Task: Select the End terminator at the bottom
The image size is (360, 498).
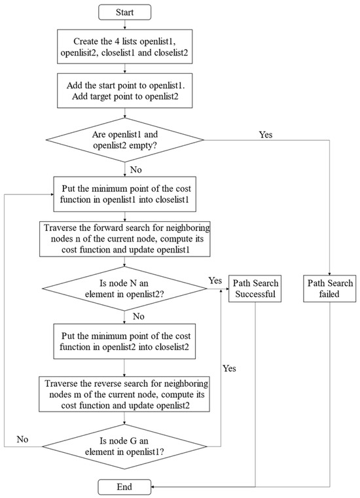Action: point(124,486)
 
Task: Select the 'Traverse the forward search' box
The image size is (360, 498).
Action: point(124,240)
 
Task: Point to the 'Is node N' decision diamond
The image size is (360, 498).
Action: point(124,289)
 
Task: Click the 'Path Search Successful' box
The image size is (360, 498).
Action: point(254,289)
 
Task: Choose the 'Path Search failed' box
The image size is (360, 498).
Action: point(330,289)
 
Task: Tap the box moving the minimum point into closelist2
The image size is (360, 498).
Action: point(124,341)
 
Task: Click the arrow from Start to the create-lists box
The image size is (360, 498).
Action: point(124,25)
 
